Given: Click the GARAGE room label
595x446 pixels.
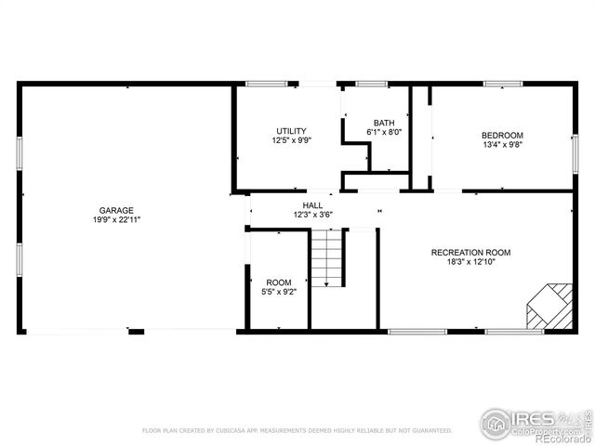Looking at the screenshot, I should point(117,210).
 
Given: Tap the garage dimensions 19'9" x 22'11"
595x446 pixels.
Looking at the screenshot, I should point(117,220).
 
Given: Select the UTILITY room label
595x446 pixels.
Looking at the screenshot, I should point(291,131).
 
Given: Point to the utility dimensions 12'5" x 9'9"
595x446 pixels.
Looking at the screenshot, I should point(291,141).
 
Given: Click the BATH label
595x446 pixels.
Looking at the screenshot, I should point(383,123).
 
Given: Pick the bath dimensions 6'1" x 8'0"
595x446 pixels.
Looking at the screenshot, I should point(383,133).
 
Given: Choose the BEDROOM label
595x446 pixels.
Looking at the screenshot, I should point(502,135).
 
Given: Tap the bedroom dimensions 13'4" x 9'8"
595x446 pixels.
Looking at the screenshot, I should point(502,145).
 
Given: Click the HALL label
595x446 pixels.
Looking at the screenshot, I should point(312,204).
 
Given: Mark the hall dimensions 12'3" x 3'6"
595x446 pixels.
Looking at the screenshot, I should point(312,215).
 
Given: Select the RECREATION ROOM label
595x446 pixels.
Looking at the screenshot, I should point(470,252).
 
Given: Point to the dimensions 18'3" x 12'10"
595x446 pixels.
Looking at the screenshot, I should point(470,262).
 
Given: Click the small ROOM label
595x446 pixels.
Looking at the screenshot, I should point(279,282).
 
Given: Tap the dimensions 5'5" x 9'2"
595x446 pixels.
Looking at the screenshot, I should point(279,293).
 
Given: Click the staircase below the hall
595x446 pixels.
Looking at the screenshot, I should point(327,259).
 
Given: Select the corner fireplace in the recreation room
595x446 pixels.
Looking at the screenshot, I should point(549,306).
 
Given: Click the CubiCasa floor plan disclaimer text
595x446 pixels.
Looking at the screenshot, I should point(297,431).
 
